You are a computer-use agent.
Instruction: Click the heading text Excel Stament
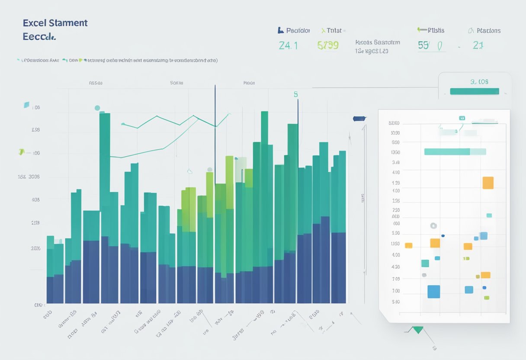55,23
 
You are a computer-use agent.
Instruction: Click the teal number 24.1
288,45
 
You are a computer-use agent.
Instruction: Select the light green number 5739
327,45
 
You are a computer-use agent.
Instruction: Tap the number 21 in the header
478,45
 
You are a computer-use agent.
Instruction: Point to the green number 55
423,45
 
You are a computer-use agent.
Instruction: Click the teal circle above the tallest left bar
97,108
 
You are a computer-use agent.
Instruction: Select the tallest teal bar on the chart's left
105,173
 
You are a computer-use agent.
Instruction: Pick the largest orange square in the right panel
488,183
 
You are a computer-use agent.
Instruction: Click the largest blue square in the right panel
433,292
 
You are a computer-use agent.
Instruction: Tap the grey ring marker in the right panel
433,225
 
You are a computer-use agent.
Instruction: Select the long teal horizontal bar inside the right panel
447,151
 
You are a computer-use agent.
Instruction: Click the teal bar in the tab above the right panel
475,91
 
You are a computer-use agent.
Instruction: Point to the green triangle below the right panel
417,330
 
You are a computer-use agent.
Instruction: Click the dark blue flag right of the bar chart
359,118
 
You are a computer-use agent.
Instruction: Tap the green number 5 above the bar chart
296,94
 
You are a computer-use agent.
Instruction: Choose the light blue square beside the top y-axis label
26,105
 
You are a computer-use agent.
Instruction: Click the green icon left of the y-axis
21,152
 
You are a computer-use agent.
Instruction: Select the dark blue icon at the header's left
280,30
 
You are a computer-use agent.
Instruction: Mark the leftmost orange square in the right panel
408,245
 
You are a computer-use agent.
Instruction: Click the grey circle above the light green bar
210,170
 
